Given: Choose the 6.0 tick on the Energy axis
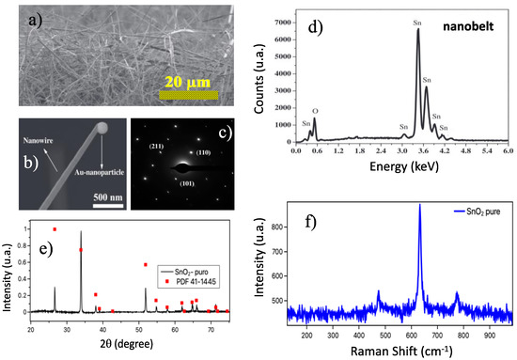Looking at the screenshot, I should click(x=507, y=150).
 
